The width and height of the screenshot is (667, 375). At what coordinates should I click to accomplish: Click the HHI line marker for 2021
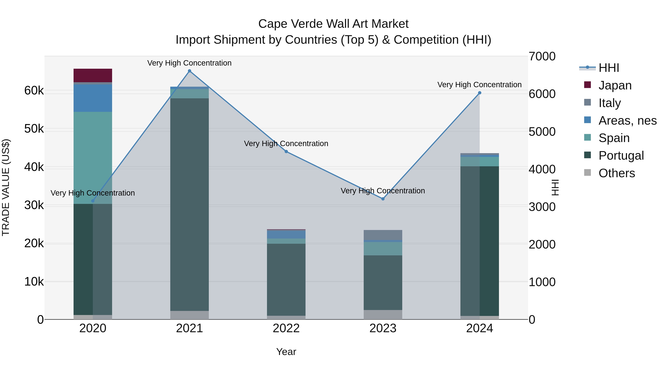click(x=189, y=71)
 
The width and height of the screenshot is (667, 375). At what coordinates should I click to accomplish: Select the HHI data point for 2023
click(x=383, y=199)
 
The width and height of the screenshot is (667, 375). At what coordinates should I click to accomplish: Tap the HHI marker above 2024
click(x=479, y=93)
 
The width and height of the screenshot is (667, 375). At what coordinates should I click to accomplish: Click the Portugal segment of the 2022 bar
click(x=286, y=279)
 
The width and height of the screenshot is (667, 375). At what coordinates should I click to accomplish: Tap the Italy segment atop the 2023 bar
click(x=383, y=235)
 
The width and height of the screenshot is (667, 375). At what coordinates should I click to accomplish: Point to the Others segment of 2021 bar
click(x=189, y=315)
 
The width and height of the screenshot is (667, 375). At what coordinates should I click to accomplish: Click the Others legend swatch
click(x=588, y=173)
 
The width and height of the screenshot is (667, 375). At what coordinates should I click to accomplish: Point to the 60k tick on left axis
click(x=34, y=91)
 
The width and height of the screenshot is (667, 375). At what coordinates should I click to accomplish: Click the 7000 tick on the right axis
click(x=542, y=56)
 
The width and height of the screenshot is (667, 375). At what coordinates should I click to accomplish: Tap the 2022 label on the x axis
click(x=286, y=328)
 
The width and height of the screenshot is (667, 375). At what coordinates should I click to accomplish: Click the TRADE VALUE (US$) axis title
click(x=6, y=187)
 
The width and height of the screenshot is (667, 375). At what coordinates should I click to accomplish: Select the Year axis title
click(x=286, y=352)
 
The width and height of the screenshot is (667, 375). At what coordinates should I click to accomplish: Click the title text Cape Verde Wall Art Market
click(x=333, y=24)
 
